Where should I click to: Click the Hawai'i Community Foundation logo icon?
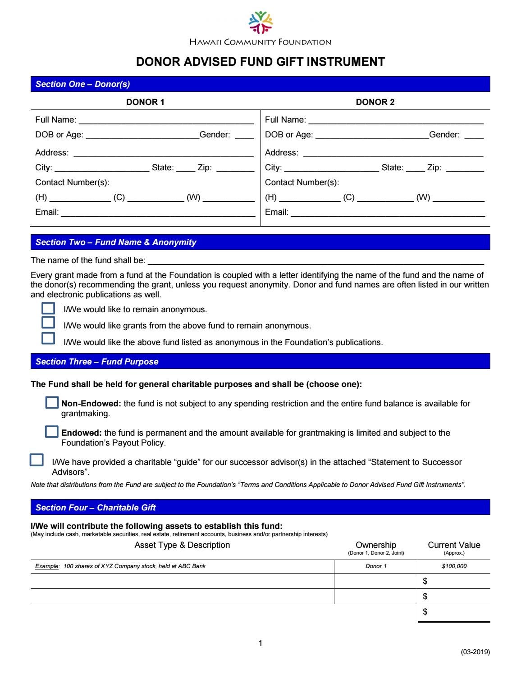tap(260, 23)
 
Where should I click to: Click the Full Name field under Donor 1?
tap(166, 120)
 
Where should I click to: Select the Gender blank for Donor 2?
tap(474, 135)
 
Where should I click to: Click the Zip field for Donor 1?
tap(235, 168)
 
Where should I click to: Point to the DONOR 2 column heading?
tap(375, 102)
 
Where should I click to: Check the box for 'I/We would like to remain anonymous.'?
tap(48, 309)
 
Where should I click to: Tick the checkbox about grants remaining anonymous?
tap(48, 323)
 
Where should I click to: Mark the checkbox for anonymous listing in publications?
tap(48, 338)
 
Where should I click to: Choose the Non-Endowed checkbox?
tap(52, 403)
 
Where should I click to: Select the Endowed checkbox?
tap(52, 432)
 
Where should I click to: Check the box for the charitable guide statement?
tap(37, 460)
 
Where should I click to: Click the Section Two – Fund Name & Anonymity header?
tap(116, 242)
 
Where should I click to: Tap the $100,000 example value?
tap(454, 566)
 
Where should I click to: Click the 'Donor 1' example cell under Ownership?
tap(376, 566)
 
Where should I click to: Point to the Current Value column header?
tap(454, 545)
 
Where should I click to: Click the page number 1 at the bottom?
tap(260, 643)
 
